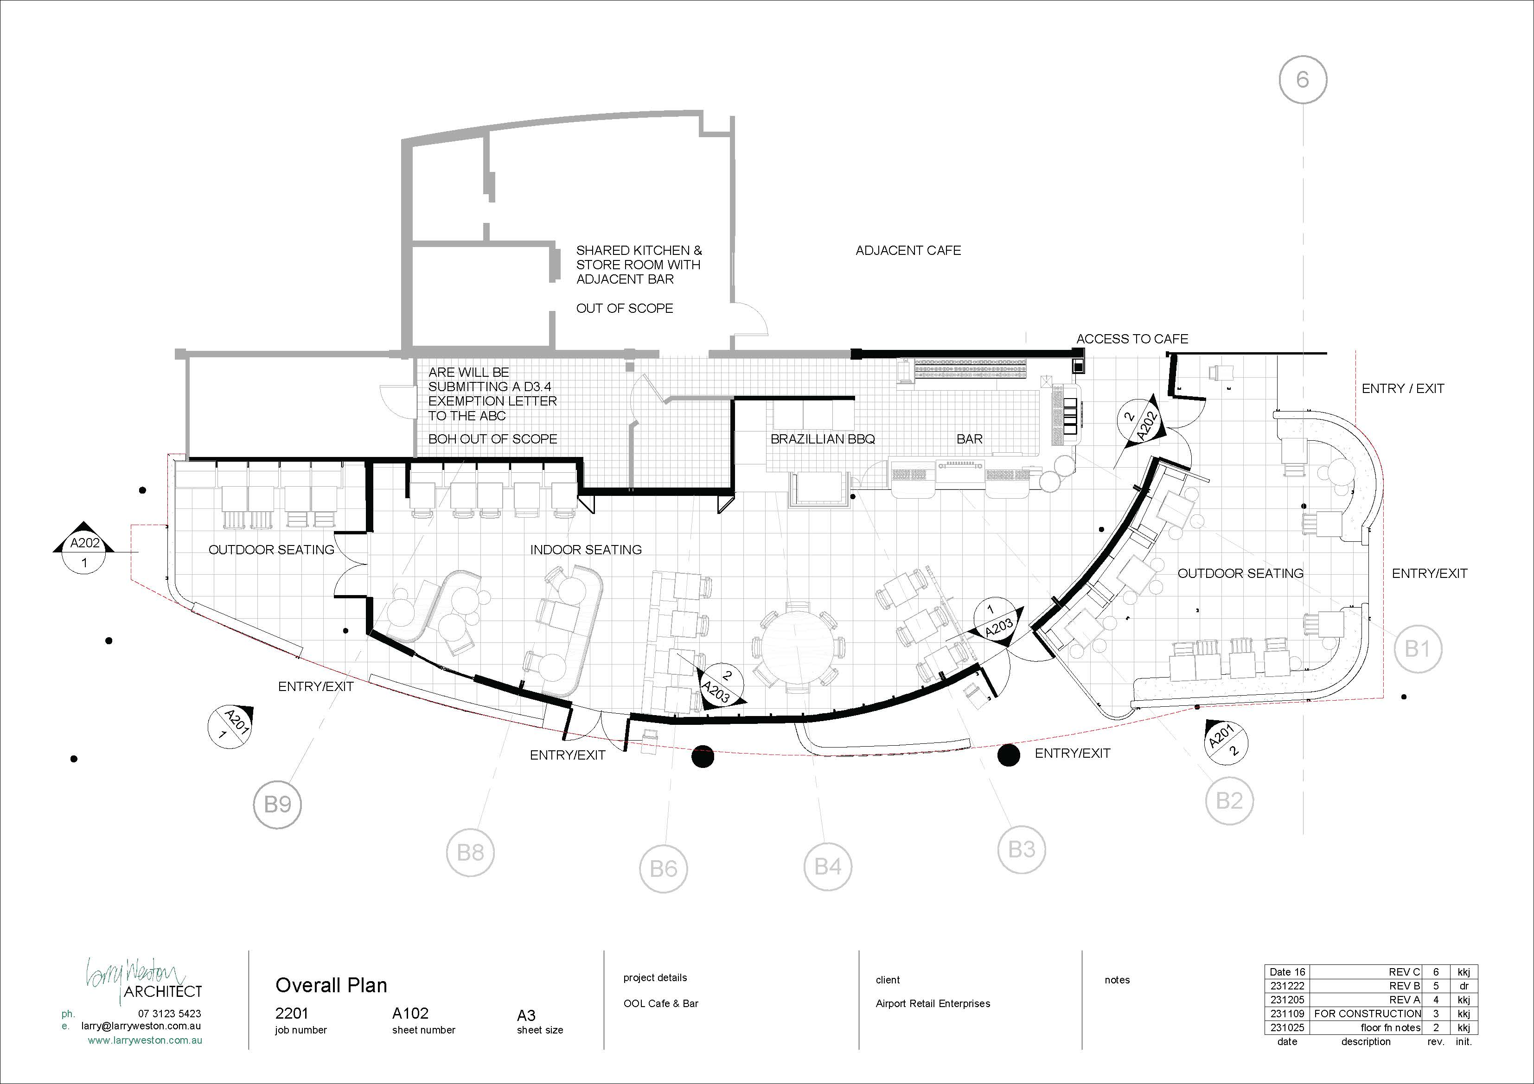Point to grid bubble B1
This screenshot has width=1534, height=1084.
coord(1417,648)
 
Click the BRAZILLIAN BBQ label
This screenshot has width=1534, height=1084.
coord(823,439)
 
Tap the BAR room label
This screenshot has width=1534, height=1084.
coord(970,439)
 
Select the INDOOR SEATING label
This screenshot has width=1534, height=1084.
coord(586,550)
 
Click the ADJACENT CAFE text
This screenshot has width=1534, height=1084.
coord(908,250)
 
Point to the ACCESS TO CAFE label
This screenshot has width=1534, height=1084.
coord(1132,339)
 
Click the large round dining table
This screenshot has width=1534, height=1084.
coord(799,647)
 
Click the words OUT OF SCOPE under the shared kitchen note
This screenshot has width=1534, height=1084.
coord(625,309)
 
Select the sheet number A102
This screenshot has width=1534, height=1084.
coord(410,1013)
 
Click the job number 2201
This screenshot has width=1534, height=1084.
coord(292,1013)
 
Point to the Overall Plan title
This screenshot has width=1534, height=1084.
coord(332,985)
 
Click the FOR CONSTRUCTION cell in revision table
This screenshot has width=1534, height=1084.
coord(1368,1013)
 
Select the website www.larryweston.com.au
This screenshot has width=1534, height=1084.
coord(145,1040)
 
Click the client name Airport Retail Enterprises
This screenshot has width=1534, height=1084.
coord(933,1003)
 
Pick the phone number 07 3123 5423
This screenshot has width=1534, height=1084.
coord(170,1013)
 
